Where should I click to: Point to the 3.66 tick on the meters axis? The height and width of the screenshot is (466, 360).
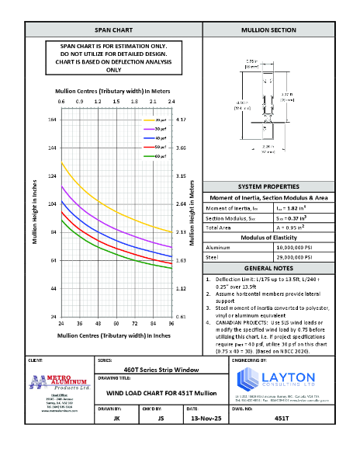(x=181, y=148)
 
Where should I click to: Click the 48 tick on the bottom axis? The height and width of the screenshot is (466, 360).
(x=98, y=322)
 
